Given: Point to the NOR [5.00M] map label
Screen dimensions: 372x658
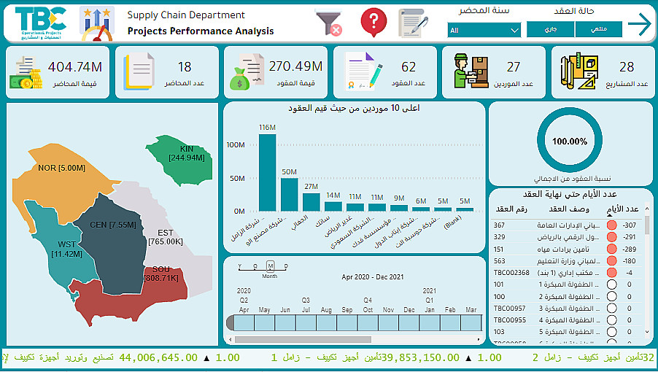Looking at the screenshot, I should pyautogui.click(x=61, y=168).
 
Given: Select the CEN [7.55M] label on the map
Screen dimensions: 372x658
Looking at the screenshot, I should pyautogui.click(x=112, y=225).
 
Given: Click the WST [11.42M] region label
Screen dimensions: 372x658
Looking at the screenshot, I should pyautogui.click(x=67, y=249).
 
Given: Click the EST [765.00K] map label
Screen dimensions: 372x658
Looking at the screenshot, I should pyautogui.click(x=165, y=237).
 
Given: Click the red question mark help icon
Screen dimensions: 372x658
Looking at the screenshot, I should pyautogui.click(x=373, y=22).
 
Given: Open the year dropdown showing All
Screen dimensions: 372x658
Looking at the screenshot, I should pyautogui.click(x=484, y=30).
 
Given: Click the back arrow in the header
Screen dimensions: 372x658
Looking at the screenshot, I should pyautogui.click(x=639, y=24).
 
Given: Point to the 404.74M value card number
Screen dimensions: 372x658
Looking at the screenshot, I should pyautogui.click(x=75, y=67).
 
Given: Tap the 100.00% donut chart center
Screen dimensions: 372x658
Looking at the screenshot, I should pyautogui.click(x=570, y=142).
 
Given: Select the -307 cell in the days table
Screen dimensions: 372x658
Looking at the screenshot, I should pyautogui.click(x=630, y=225).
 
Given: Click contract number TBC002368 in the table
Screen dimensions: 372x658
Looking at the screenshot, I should pyautogui.click(x=511, y=272).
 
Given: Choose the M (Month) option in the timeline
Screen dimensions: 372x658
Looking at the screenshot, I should pyautogui.click(x=270, y=266).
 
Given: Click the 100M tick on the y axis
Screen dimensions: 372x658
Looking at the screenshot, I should pyautogui.click(x=235, y=144).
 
